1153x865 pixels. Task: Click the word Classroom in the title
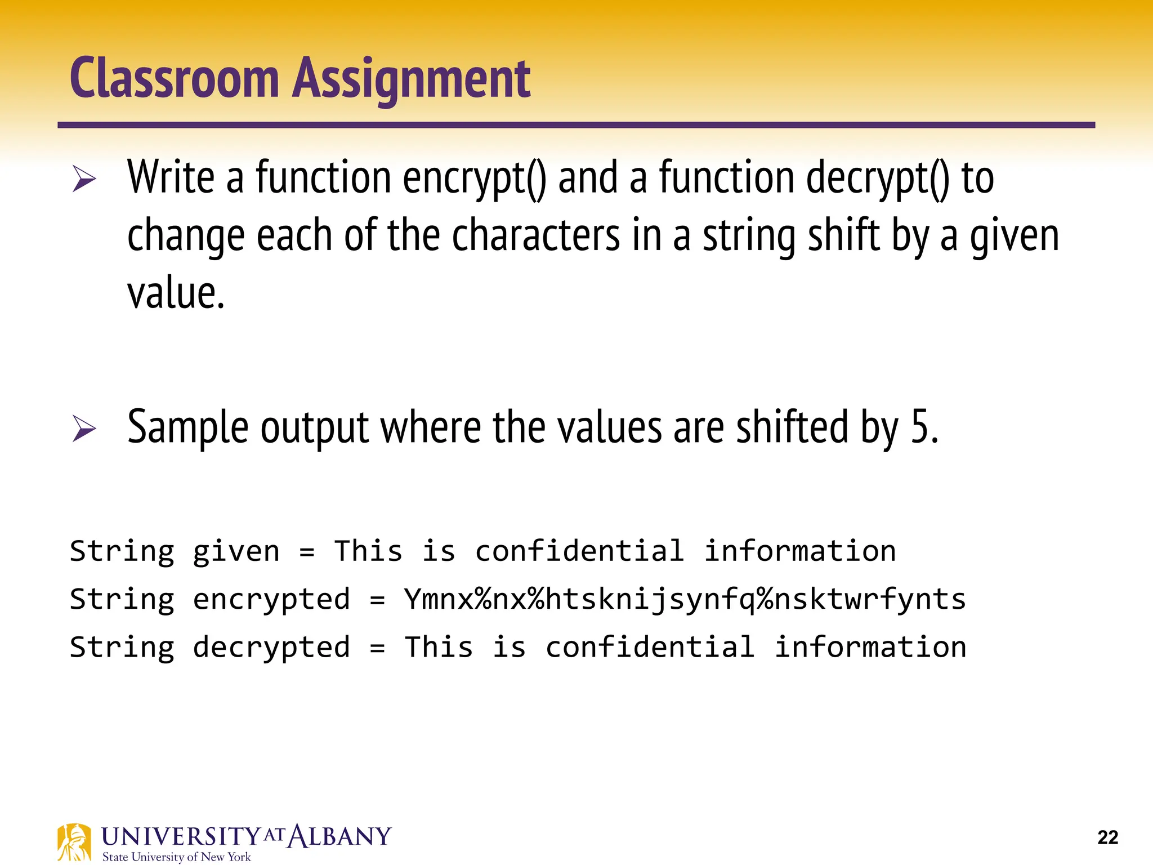[175, 79]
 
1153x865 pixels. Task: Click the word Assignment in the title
[412, 79]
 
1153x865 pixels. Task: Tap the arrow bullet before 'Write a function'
[84, 180]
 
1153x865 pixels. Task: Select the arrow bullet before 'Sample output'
[84, 429]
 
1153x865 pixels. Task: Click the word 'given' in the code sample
[236, 551]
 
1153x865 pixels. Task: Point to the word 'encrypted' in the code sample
[271, 599]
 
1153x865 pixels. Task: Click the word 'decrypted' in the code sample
[271, 647]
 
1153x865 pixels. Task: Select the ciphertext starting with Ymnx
[685, 599]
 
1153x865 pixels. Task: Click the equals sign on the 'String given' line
[307, 551]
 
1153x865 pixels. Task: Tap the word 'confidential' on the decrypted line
[650, 647]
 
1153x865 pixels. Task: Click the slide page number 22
[1107, 837]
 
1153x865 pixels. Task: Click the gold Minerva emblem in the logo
[74, 842]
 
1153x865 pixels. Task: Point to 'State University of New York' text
[176, 857]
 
